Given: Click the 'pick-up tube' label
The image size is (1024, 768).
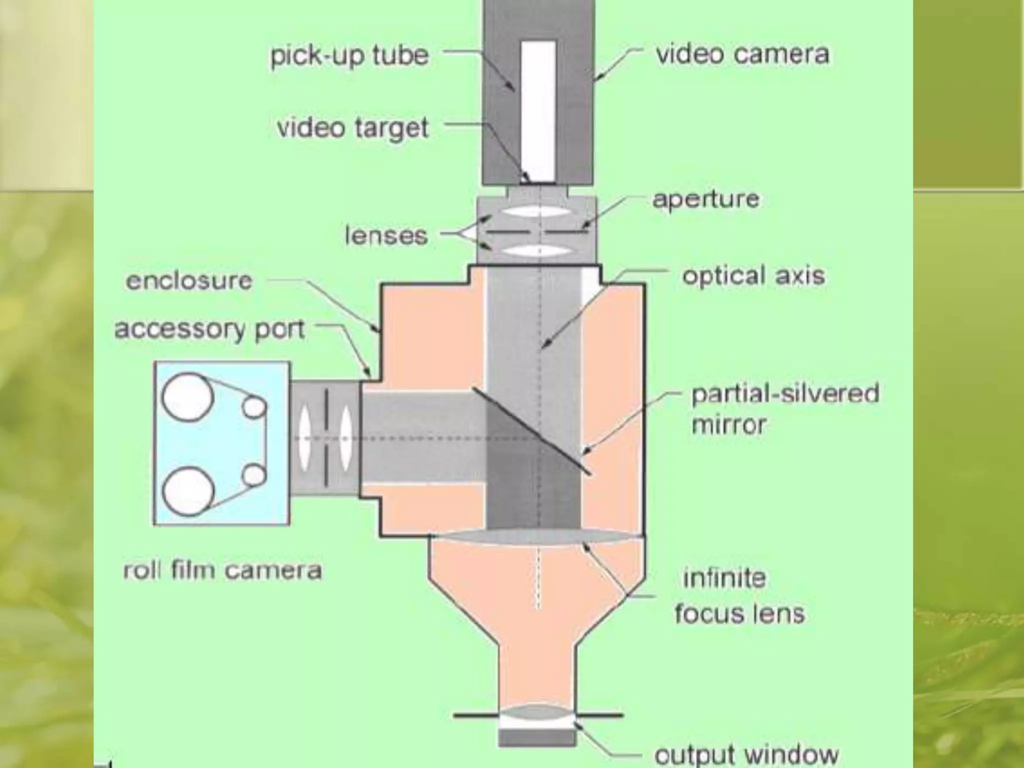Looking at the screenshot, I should pyautogui.click(x=349, y=56).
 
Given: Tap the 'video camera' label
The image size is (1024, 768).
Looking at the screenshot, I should pyautogui.click(x=742, y=54).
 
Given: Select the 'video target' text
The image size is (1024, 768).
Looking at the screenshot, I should pyautogui.click(x=352, y=128).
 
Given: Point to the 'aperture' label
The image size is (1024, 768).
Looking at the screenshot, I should pyautogui.click(x=705, y=199).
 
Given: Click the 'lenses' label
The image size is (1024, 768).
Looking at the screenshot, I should pyautogui.click(x=386, y=235).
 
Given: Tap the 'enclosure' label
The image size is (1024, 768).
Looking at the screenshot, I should pyautogui.click(x=189, y=281).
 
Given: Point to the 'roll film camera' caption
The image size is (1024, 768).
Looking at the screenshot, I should pyautogui.click(x=222, y=570).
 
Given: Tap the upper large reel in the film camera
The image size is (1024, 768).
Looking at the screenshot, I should pyautogui.click(x=187, y=396).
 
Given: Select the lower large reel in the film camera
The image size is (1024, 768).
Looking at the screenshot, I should pyautogui.click(x=187, y=490).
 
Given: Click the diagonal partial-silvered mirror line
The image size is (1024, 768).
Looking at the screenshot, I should pyautogui.click(x=531, y=430).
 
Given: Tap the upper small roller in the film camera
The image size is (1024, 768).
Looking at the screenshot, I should pyautogui.click(x=254, y=407).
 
